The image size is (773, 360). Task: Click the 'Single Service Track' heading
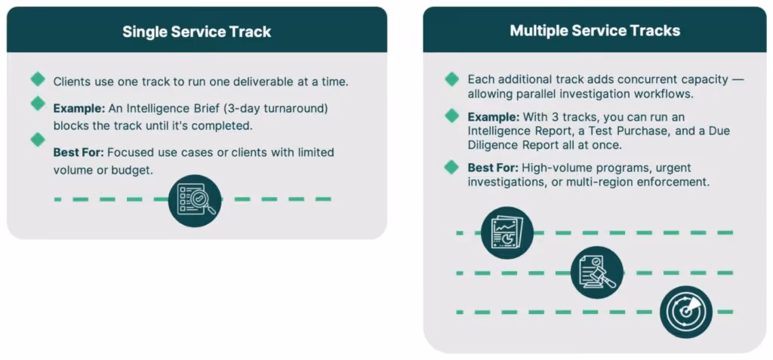pos(196,32)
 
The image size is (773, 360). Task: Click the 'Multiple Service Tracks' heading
pos(595,31)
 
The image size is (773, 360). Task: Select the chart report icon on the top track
pos(507,232)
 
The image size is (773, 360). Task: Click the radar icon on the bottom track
pos(685,312)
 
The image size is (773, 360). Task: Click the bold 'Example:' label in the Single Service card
pos(79,109)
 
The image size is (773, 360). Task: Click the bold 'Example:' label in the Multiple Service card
pos(493,118)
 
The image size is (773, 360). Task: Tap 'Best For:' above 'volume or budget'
pos(79,152)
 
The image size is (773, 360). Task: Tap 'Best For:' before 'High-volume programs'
pos(493,168)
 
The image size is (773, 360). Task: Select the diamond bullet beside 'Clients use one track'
pos(38,78)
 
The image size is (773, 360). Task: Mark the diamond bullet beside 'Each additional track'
pos(452,78)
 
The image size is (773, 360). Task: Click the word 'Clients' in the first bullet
pos(72,81)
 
